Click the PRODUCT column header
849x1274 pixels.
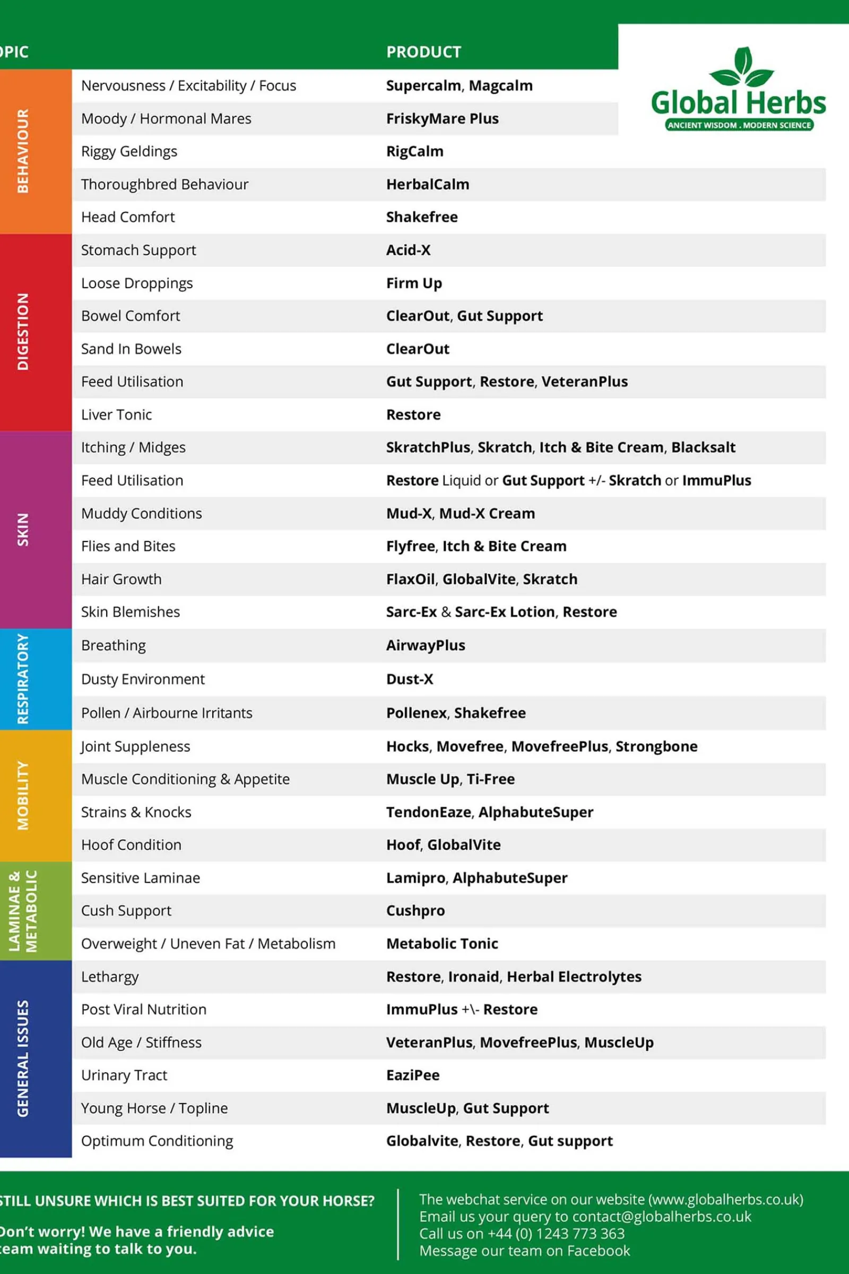423,52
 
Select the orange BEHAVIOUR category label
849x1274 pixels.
23,151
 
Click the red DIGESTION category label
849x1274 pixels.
23,331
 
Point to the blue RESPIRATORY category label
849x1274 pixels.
23,679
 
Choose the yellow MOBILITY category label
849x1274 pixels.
23,795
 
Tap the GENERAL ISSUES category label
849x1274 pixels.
23,1058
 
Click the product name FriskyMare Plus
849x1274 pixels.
442,118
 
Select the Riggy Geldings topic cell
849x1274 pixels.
129,152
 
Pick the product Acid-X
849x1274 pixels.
408,250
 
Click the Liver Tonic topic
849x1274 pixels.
116,415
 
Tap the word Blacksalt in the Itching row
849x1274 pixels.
703,447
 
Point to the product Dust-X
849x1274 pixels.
409,679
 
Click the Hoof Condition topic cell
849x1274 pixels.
131,845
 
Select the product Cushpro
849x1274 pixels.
415,910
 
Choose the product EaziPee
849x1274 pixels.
413,1075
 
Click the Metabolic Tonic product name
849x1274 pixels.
442,944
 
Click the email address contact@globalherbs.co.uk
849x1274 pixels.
662,1217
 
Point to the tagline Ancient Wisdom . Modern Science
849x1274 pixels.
739,125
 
